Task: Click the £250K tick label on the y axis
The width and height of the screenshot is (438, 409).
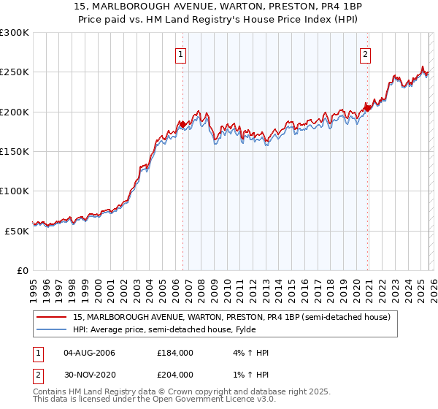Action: pos(15,72)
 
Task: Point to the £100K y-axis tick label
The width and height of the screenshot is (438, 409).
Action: pos(15,191)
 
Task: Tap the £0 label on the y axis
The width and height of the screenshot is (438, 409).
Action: pos(22,270)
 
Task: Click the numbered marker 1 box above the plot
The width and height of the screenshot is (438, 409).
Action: pos(180,53)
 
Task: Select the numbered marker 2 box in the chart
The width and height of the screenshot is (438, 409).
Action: pos(365,53)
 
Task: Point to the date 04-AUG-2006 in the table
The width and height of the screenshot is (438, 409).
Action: pos(90,353)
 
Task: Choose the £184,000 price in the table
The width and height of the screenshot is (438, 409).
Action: pos(175,353)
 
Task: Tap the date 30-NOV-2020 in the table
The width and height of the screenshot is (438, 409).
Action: pos(90,374)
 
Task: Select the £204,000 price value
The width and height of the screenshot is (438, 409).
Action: pos(175,374)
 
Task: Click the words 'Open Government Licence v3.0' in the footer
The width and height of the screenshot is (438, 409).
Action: pos(206,400)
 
